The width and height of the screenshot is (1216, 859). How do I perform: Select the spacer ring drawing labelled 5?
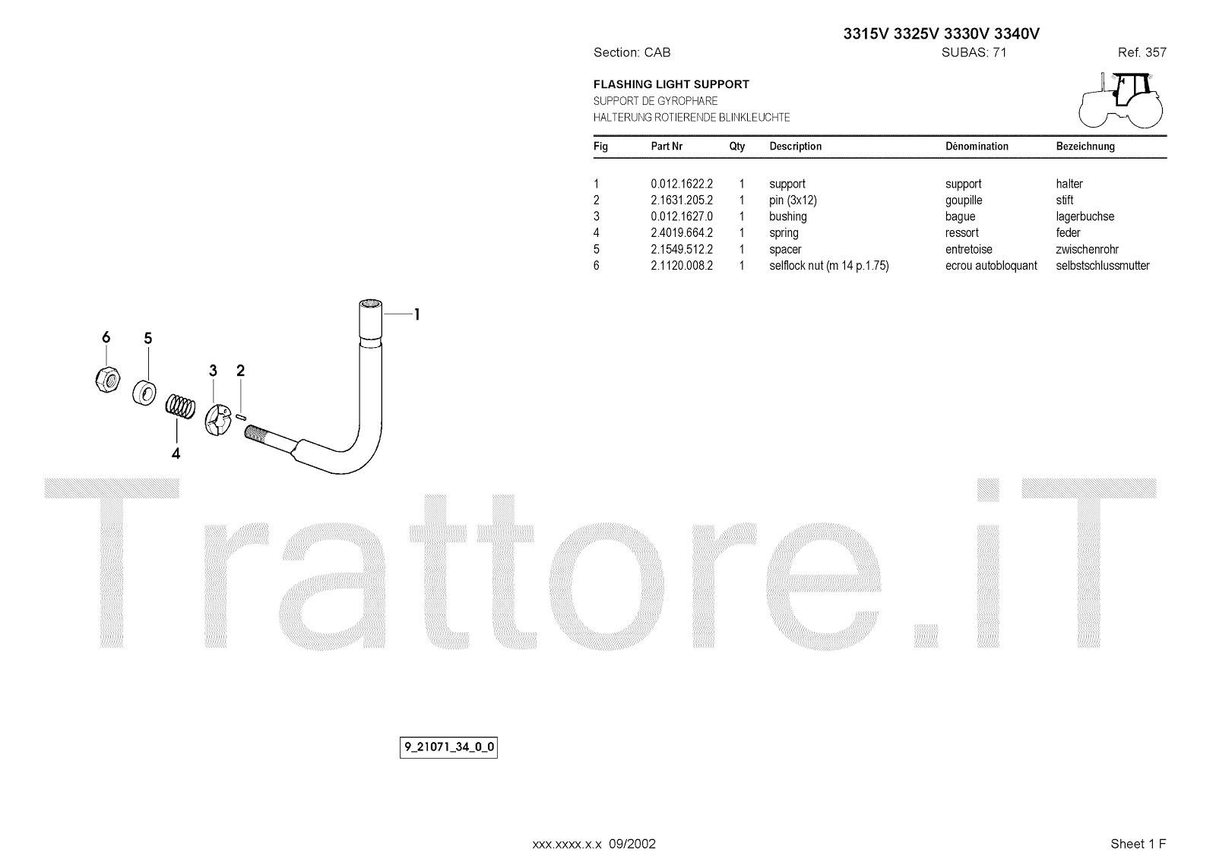[144, 392]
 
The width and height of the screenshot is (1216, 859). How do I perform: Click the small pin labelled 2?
[242, 415]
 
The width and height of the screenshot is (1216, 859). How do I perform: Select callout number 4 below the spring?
[176, 454]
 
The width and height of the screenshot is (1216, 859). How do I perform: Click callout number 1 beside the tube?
[416, 314]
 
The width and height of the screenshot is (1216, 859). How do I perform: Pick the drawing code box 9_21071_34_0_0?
[448, 747]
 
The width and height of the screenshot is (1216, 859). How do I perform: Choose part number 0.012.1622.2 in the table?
[682, 184]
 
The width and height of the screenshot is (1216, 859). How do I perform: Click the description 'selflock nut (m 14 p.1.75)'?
[828, 266]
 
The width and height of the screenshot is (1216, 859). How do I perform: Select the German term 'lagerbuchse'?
[1085, 216]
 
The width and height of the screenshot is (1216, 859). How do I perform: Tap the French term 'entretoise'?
[968, 249]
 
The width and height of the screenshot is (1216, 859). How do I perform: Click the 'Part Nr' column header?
[667, 147]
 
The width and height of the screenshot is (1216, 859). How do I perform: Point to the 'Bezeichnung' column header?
[1085, 147]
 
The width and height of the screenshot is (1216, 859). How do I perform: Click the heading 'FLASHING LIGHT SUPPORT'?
[671, 84]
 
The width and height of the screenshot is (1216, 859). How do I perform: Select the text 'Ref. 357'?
[1142, 52]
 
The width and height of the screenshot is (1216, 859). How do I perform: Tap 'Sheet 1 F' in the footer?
[1138, 844]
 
